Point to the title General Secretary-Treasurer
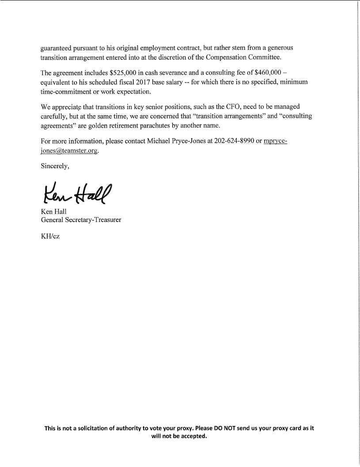[81, 220]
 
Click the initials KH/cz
[50, 236]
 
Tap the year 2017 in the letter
[171, 82]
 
